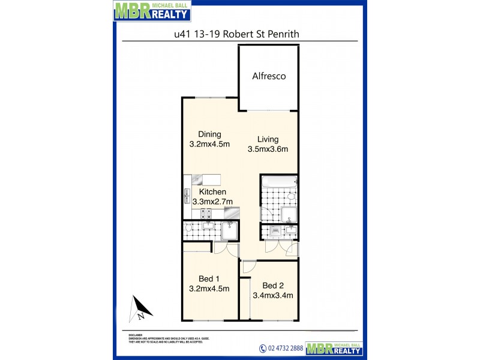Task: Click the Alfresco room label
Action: click(x=268, y=76)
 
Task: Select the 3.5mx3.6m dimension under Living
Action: click(x=268, y=150)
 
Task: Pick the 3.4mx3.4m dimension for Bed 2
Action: click(x=273, y=295)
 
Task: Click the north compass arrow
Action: click(x=140, y=309)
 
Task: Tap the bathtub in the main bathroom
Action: click(x=278, y=181)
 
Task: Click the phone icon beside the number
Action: click(x=262, y=349)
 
